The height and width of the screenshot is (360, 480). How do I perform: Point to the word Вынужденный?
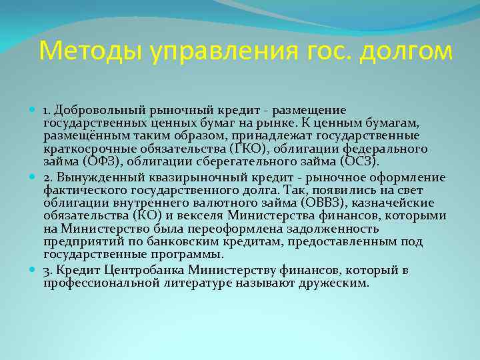pos(98,178)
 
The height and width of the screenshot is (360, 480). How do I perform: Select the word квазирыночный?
pos(197,178)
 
